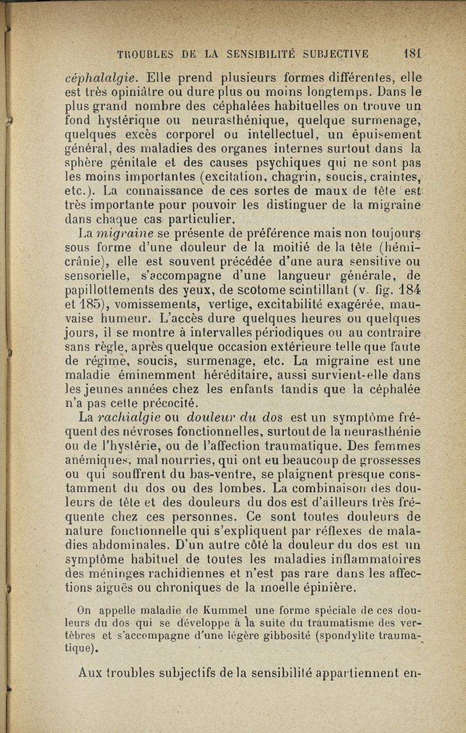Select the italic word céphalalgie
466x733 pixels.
pos(101,77)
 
